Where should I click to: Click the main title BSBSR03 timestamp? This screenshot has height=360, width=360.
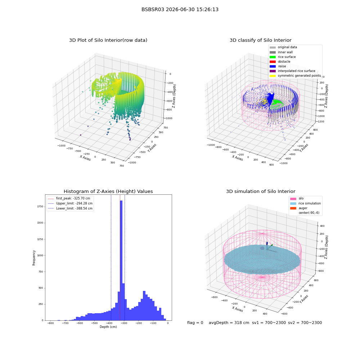pyautogui.click(x=180, y=9)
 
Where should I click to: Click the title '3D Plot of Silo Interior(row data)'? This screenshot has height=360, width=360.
pyautogui.click(x=108, y=40)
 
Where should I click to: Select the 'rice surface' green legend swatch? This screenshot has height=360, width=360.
pyautogui.click(x=273, y=57)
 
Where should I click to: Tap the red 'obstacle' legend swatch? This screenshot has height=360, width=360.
pyautogui.click(x=273, y=62)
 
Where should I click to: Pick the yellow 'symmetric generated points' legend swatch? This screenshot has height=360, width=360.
pyautogui.click(x=273, y=76)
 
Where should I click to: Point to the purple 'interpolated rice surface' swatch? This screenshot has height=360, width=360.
pyautogui.click(x=273, y=71)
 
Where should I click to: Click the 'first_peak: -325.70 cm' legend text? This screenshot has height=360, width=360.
pyautogui.click(x=73, y=198)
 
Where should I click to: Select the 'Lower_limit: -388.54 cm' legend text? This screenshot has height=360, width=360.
pyautogui.click(x=75, y=208)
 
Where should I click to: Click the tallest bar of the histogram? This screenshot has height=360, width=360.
pyautogui.click(x=121, y=260)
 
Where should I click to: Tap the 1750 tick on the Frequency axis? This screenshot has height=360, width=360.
pyautogui.click(x=40, y=207)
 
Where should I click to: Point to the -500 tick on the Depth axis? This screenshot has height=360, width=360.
pyautogui.click(x=94, y=323)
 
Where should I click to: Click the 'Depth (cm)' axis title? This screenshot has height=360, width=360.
pyautogui.click(x=108, y=327)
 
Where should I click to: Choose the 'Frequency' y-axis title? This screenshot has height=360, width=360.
pyautogui.click(x=34, y=258)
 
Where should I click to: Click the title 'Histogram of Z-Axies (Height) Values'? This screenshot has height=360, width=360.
pyautogui.click(x=108, y=192)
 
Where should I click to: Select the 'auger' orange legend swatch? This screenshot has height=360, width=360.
pyautogui.click(x=293, y=208)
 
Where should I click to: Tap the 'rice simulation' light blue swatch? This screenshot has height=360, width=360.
pyautogui.click(x=293, y=203)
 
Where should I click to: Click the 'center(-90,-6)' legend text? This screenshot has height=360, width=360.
pyautogui.click(x=309, y=213)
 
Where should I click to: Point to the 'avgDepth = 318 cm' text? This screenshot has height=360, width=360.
pyautogui.click(x=229, y=323)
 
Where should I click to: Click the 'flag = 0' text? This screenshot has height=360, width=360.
pyautogui.click(x=195, y=323)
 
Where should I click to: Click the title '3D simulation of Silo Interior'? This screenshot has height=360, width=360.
pyautogui.click(x=261, y=192)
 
